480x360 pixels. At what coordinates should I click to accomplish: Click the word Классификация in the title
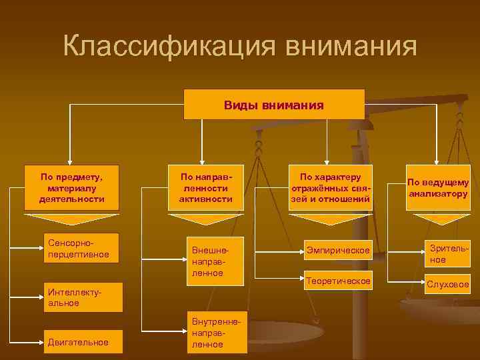point(170,47)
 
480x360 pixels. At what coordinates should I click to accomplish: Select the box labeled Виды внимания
point(274,105)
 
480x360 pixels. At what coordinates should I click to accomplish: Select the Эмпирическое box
point(338,250)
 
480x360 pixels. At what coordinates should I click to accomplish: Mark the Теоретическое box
point(338,281)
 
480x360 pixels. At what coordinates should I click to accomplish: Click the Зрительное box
point(447,253)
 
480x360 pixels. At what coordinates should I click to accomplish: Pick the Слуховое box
point(447,285)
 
